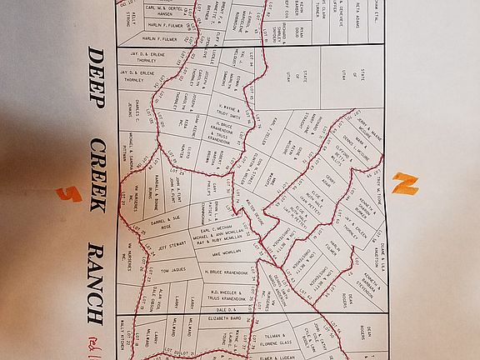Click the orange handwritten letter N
click(x=404, y=183)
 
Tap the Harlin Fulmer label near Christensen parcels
click(x=160, y=26)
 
